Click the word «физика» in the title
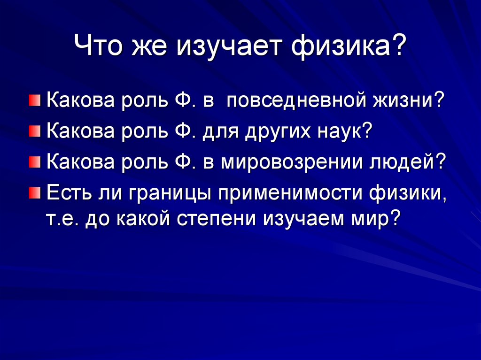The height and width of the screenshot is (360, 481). click(342, 46)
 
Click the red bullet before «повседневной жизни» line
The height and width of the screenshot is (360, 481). click(35, 100)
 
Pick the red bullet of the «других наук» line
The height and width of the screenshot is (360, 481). click(35, 131)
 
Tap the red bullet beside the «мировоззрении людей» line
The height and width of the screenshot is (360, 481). click(35, 162)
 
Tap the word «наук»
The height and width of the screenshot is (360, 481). click(340, 131)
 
